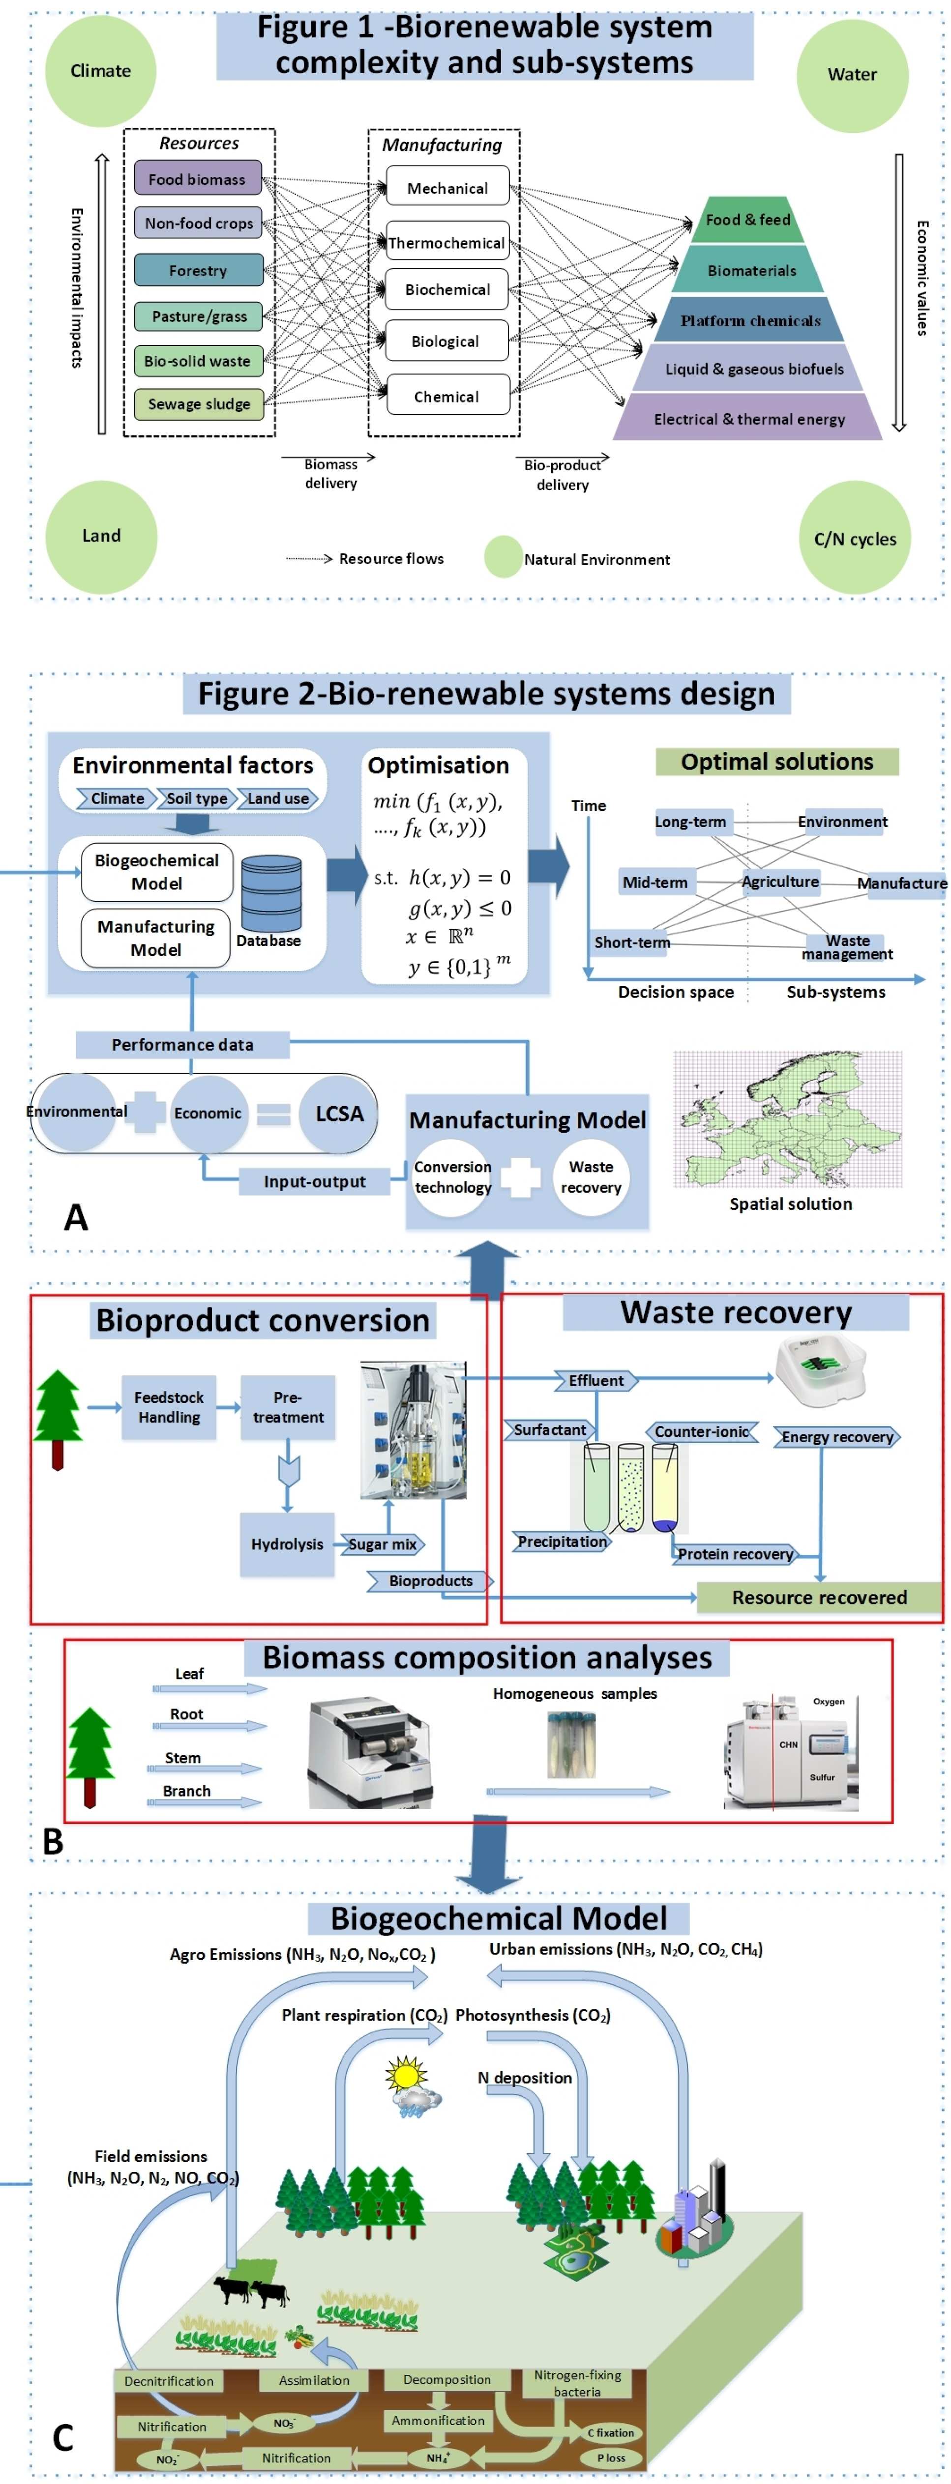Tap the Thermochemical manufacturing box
[x=446, y=243]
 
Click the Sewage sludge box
[x=199, y=404]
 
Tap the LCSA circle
[x=338, y=1114]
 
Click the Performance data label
[x=182, y=1044]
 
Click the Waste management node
[x=847, y=947]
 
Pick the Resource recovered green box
[x=819, y=1597]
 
